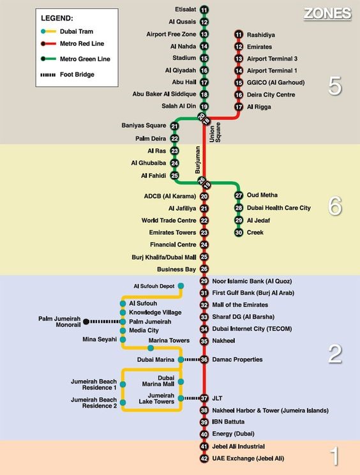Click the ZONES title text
327,13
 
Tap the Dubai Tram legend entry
66,31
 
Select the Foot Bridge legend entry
67,75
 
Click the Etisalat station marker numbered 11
204,10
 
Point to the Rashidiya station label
261,35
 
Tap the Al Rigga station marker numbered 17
239,107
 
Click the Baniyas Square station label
144,125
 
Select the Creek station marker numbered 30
239,232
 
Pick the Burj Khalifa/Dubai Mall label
164,257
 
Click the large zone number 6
335,206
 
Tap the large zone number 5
335,86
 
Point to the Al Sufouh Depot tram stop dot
181,286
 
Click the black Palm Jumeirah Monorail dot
86,321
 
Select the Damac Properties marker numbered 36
204,359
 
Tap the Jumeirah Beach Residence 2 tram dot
123,403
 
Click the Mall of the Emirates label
240,305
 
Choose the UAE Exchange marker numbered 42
204,458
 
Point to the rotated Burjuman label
198,160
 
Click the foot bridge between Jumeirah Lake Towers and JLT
192,398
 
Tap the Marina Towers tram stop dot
151,349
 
